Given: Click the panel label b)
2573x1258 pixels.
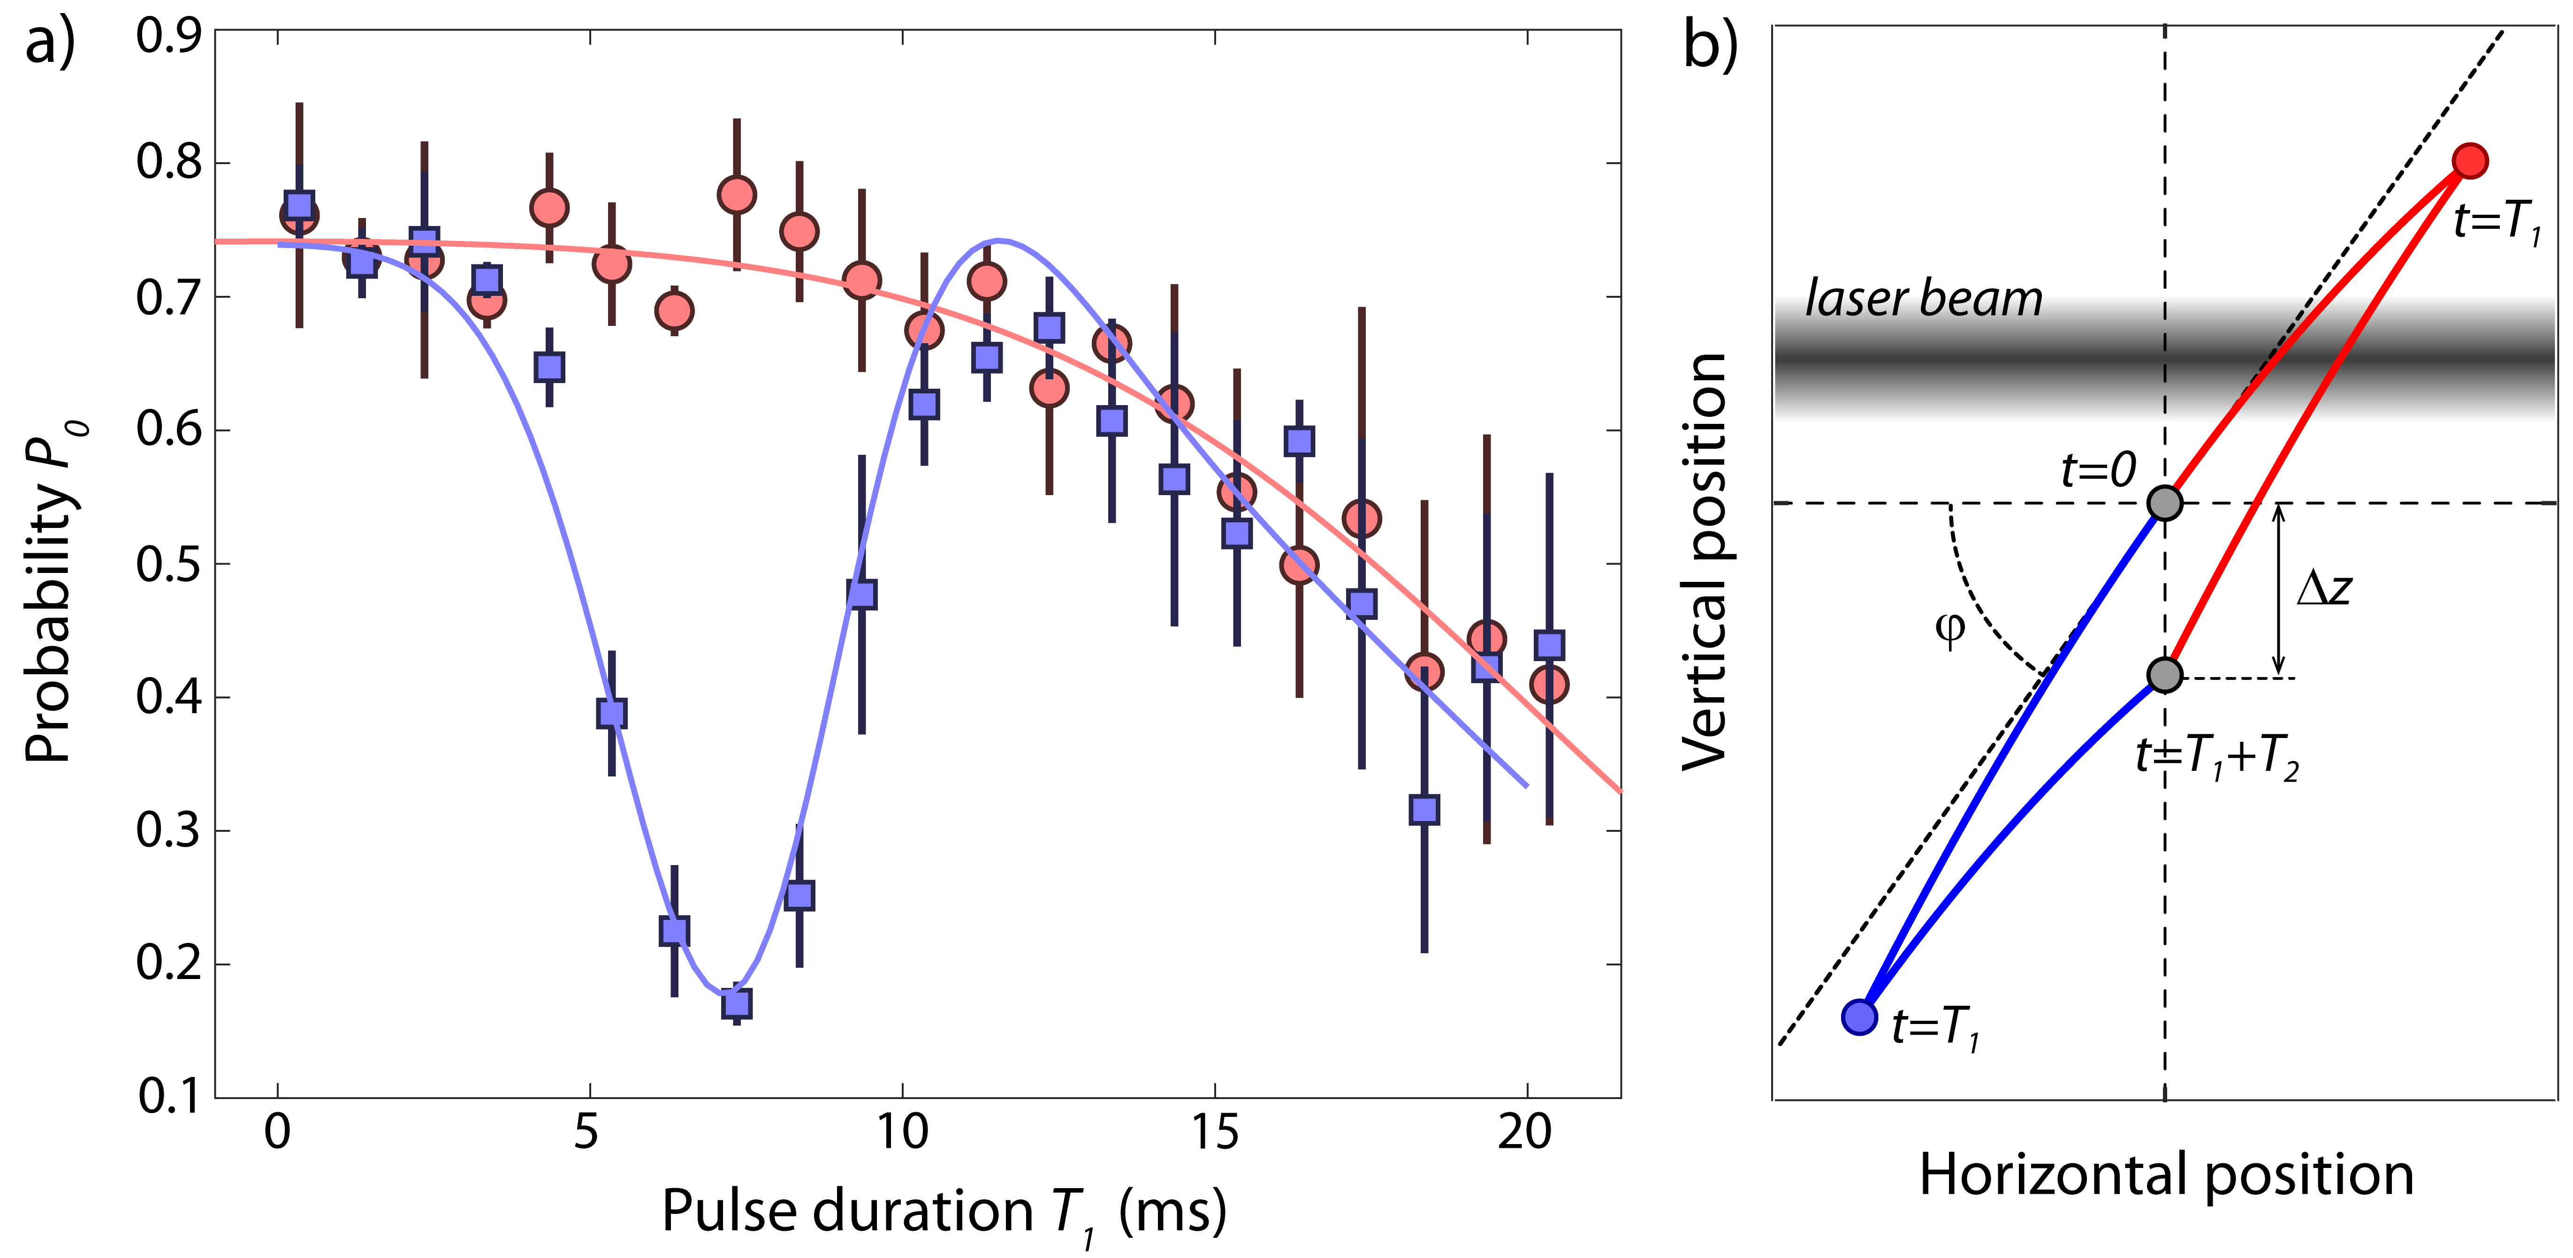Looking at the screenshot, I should (x=1710, y=45).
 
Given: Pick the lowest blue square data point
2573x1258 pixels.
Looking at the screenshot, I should (x=737, y=1002).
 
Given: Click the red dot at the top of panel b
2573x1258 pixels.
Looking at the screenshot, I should (x=2470, y=161).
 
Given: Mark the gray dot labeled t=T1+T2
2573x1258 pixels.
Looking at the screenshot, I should (x=2164, y=675).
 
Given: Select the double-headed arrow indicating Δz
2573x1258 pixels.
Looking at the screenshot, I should (x=2278, y=589).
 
